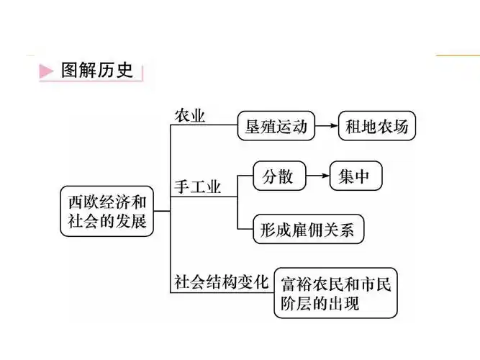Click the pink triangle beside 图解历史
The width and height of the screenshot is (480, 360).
point(46,71)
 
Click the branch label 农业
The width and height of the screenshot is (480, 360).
point(191,115)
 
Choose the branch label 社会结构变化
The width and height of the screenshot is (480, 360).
point(221,281)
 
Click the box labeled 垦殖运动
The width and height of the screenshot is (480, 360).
point(276,127)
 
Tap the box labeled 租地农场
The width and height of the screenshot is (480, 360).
point(376,127)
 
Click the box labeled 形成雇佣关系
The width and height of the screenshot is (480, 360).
point(309,230)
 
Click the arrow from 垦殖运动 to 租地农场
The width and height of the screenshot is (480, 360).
point(327,127)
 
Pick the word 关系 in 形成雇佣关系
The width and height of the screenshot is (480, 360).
point(343,230)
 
